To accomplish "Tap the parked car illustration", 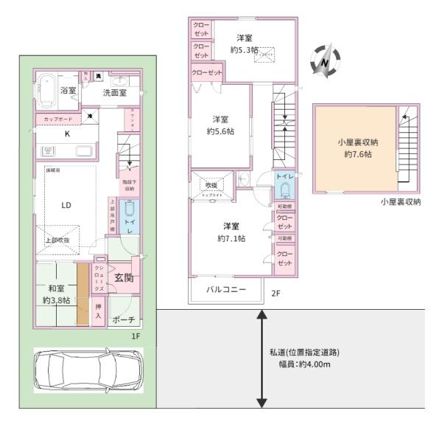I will pos(86,367).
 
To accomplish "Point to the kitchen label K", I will pos(66,134).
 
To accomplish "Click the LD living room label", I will pos(66,207).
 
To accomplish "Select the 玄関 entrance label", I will pos(124,277).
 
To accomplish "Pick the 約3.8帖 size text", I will pos(56,300).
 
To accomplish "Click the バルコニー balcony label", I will pos(225,289).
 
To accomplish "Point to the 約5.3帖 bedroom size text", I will pos(244,50).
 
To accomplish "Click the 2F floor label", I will pos(276,293).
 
